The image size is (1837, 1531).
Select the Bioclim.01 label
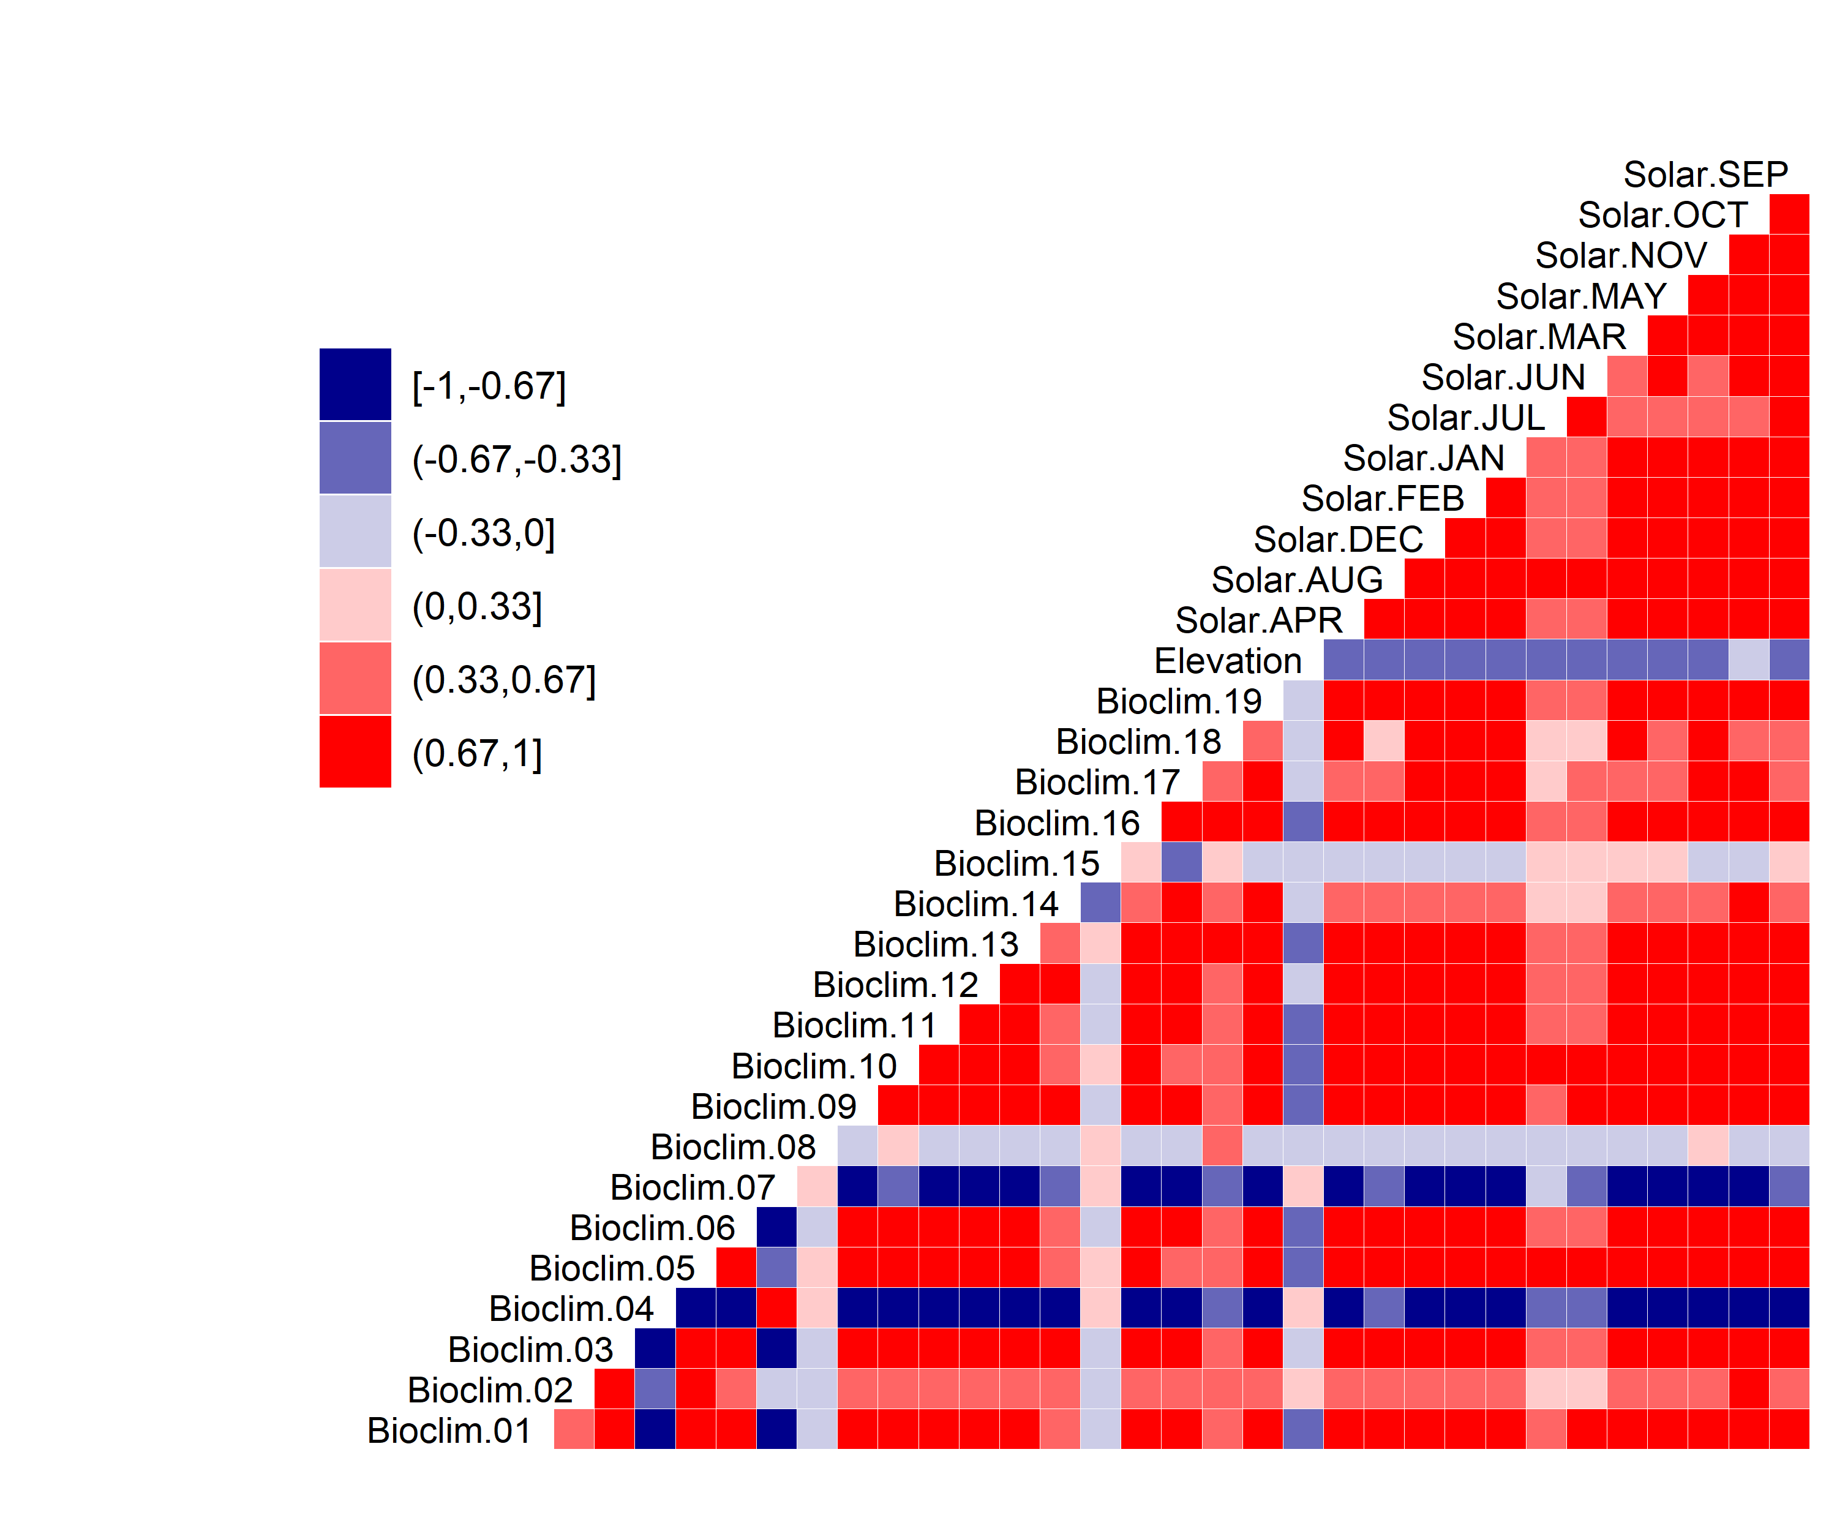[x=449, y=1431]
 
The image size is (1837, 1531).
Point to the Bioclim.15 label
[x=1016, y=864]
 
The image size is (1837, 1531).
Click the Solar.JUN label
[x=1503, y=378]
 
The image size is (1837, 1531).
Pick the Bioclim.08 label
[x=733, y=1148]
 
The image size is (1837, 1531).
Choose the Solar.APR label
[x=1259, y=621]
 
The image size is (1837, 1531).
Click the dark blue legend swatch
[x=355, y=385]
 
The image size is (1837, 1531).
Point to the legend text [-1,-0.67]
[x=489, y=386]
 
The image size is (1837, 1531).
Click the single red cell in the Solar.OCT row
[x=1789, y=214]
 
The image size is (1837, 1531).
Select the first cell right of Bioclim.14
[x=1100, y=903]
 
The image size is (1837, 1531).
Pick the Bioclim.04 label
[x=571, y=1310]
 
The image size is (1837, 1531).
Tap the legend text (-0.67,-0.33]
[x=517, y=460]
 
